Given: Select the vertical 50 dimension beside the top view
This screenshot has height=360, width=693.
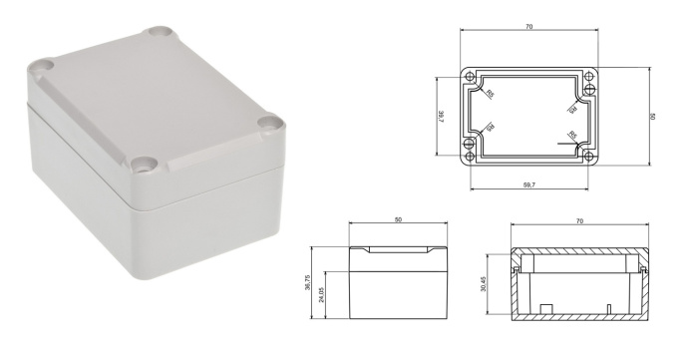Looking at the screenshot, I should tap(652, 117).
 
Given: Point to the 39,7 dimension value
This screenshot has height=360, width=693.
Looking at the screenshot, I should tap(440, 117).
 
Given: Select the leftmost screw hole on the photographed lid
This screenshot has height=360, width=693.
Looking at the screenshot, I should tap(41, 70).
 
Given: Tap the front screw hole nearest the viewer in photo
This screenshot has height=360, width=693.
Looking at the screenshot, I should tap(147, 163).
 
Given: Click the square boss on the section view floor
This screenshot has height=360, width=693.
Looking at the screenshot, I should tap(546, 306).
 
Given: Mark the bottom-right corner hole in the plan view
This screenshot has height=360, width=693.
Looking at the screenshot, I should tap(588, 156).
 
